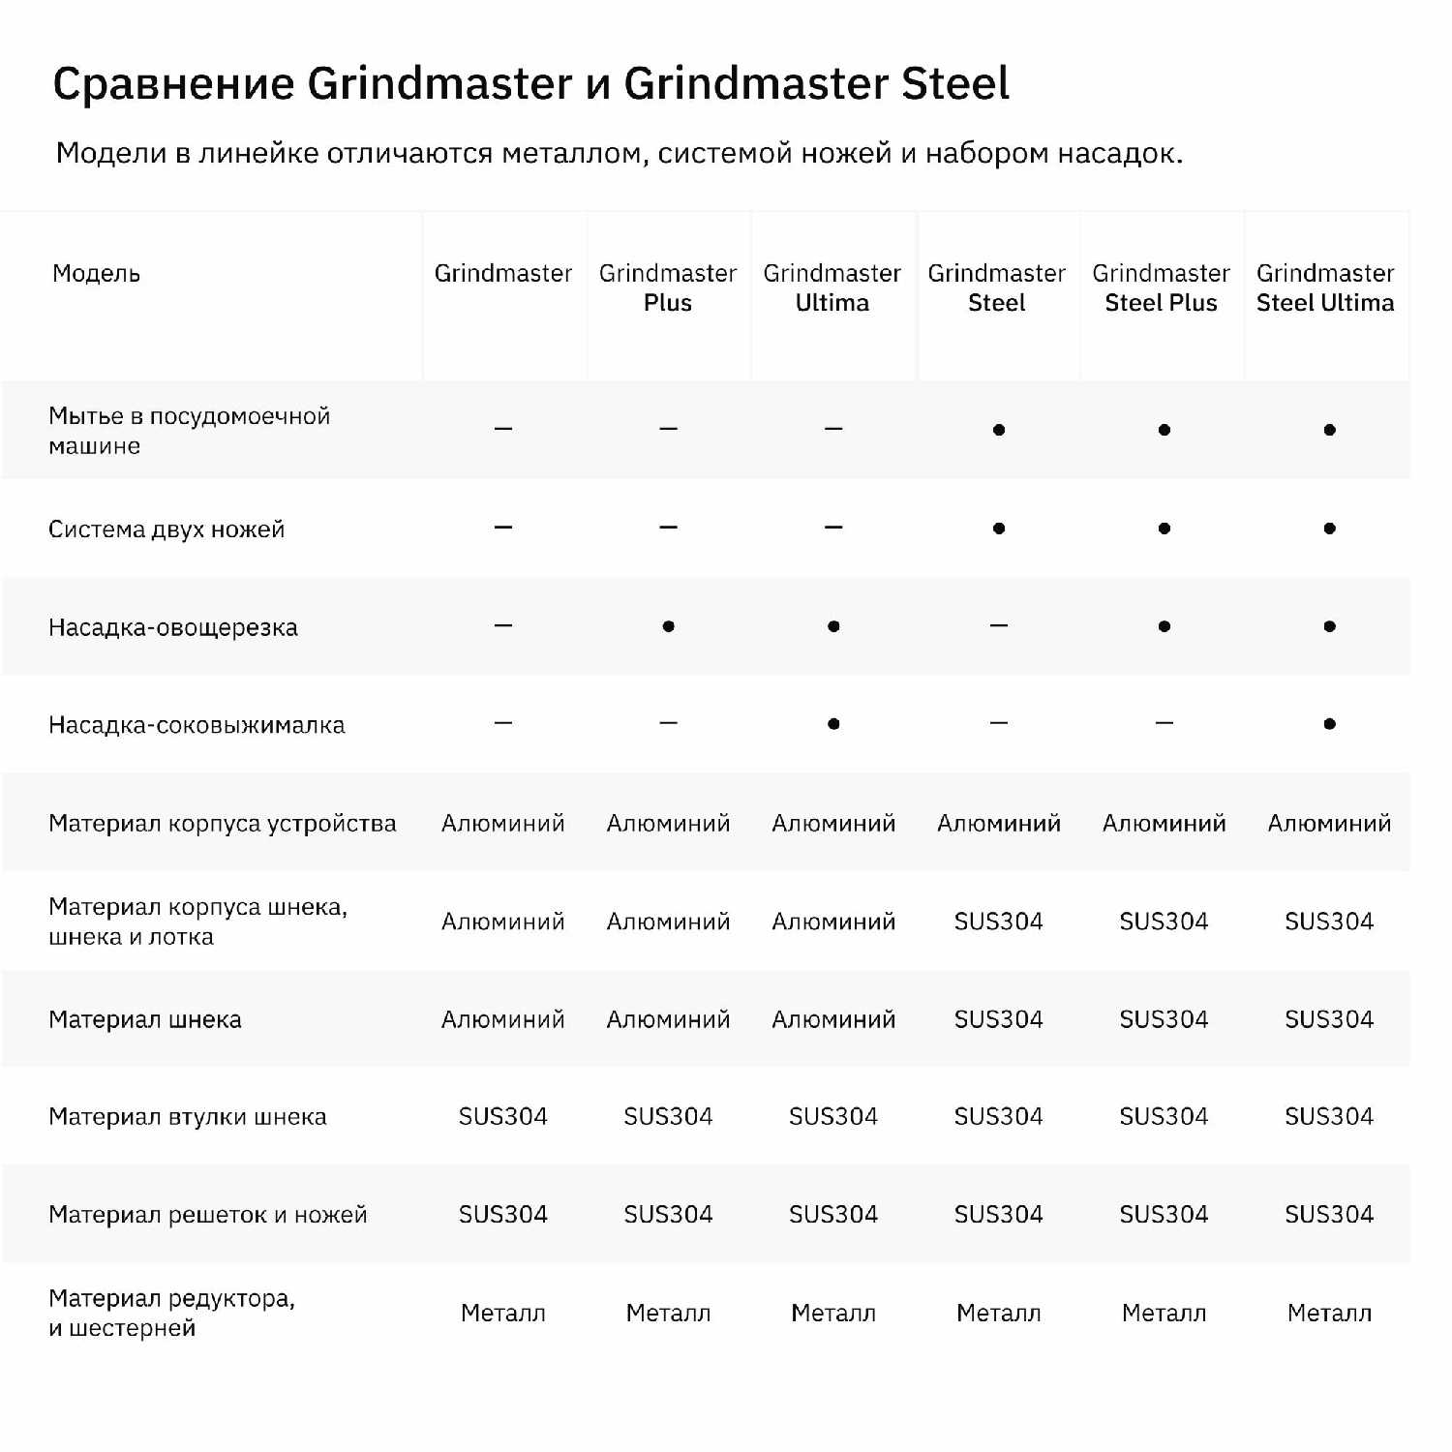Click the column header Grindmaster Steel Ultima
(1325, 287)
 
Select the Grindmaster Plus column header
(668, 287)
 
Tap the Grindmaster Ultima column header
(832, 287)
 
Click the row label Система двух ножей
(166, 529)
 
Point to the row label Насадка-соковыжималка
(197, 725)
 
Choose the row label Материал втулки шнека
(188, 1117)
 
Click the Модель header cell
(96, 274)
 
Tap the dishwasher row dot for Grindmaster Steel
(999, 430)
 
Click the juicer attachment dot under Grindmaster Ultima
(833, 724)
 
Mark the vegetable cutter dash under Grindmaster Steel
(999, 626)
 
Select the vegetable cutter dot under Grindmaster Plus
(668, 626)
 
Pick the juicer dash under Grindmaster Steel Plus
(1165, 723)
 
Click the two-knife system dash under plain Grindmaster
(503, 528)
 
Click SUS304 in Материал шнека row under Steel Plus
(1164, 1019)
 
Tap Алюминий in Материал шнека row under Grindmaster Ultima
(833, 1019)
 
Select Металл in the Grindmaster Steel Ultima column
(1329, 1314)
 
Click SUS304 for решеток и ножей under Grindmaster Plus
(668, 1215)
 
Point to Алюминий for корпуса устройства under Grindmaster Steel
(999, 824)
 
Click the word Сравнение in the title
(173, 84)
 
